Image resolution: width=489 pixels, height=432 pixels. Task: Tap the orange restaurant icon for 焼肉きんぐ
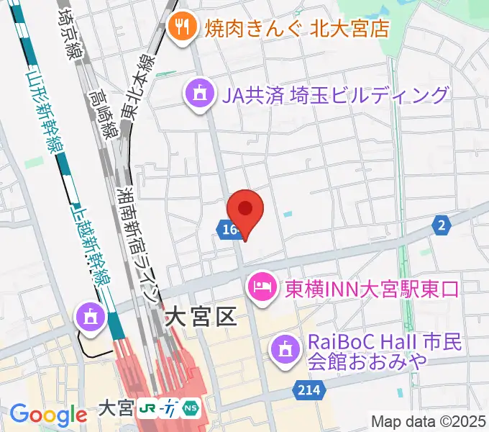tap(180, 28)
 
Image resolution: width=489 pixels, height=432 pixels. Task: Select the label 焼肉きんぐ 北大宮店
tap(297, 29)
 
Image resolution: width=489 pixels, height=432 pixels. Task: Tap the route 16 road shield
tap(228, 230)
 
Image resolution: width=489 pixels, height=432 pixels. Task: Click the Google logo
tap(48, 415)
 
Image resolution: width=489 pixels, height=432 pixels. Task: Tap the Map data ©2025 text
tap(429, 420)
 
